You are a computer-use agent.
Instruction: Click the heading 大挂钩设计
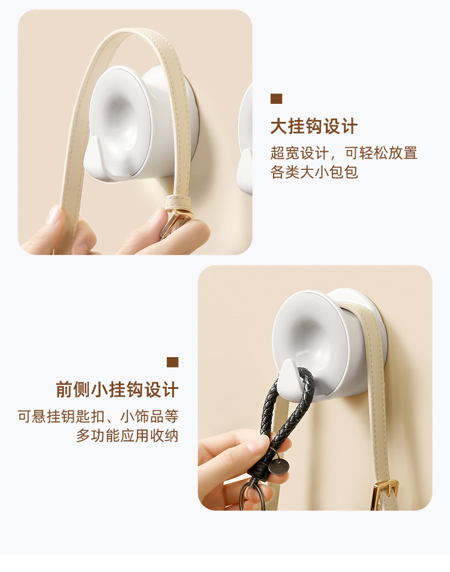pos(314,127)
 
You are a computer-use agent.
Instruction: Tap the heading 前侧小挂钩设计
pos(118,390)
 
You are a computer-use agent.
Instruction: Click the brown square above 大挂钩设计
pos(276,99)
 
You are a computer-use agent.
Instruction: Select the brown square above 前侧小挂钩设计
pos(173,362)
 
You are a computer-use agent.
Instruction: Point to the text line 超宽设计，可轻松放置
pos(344,153)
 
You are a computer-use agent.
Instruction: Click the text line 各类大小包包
pos(314,173)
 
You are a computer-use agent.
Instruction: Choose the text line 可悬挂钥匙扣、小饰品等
pos(98,416)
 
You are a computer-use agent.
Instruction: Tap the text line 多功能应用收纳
pos(127,436)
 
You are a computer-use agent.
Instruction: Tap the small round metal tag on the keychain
pos(277,468)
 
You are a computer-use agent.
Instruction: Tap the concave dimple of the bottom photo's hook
pos(309,336)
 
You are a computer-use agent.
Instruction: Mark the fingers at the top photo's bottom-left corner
pos(57,231)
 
